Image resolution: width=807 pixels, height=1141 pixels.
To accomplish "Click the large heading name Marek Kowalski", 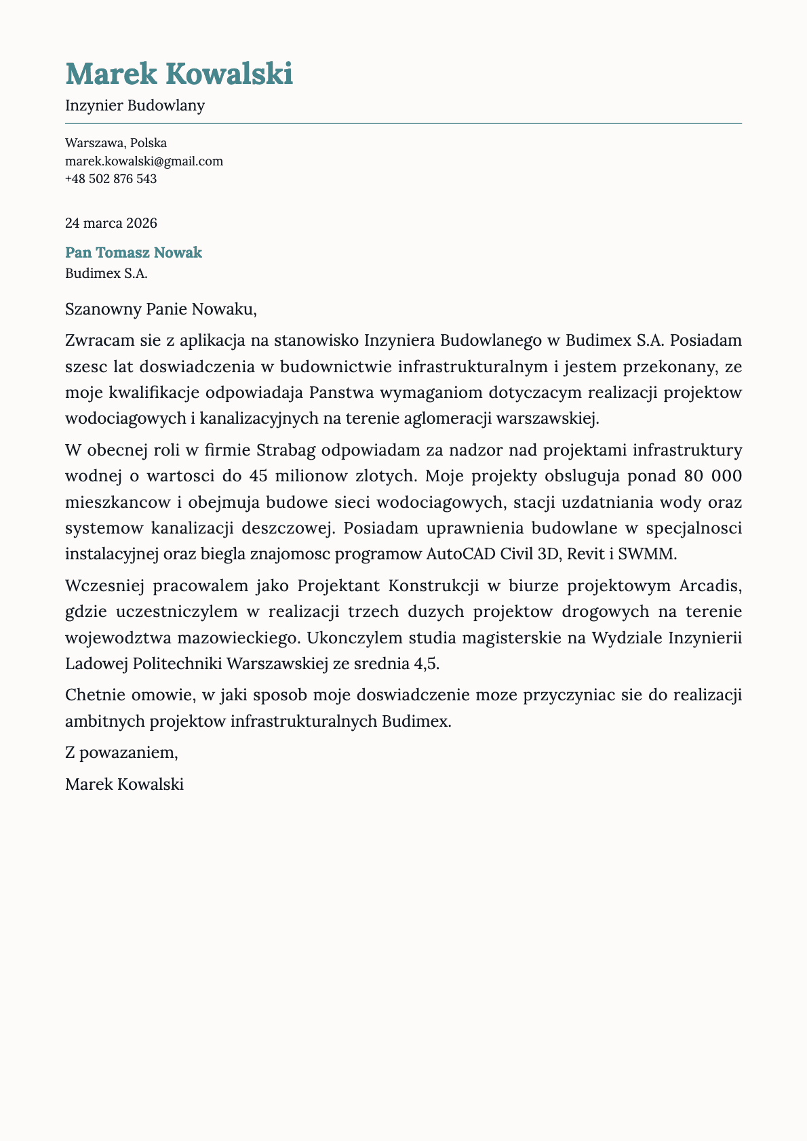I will click(x=179, y=73).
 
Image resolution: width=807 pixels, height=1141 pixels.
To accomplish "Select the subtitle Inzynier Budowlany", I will click(x=135, y=106).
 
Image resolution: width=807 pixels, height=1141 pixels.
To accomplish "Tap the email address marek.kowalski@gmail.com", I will click(x=144, y=161).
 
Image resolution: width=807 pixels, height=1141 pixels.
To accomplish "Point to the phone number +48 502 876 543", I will click(x=111, y=179).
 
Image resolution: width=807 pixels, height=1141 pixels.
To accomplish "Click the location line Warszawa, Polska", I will click(x=116, y=143).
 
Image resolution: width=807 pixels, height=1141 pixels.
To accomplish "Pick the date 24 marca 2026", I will click(x=111, y=223).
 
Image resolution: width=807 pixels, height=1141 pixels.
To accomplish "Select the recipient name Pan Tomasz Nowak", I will click(x=134, y=253).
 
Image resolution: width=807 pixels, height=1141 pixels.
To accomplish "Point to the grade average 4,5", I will click(x=426, y=664).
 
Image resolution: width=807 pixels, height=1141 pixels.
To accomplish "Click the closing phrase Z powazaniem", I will click(x=121, y=752).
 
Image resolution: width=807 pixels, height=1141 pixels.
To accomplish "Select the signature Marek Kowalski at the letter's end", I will click(x=124, y=784).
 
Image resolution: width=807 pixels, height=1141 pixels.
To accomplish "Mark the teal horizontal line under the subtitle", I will click(x=403, y=124).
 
